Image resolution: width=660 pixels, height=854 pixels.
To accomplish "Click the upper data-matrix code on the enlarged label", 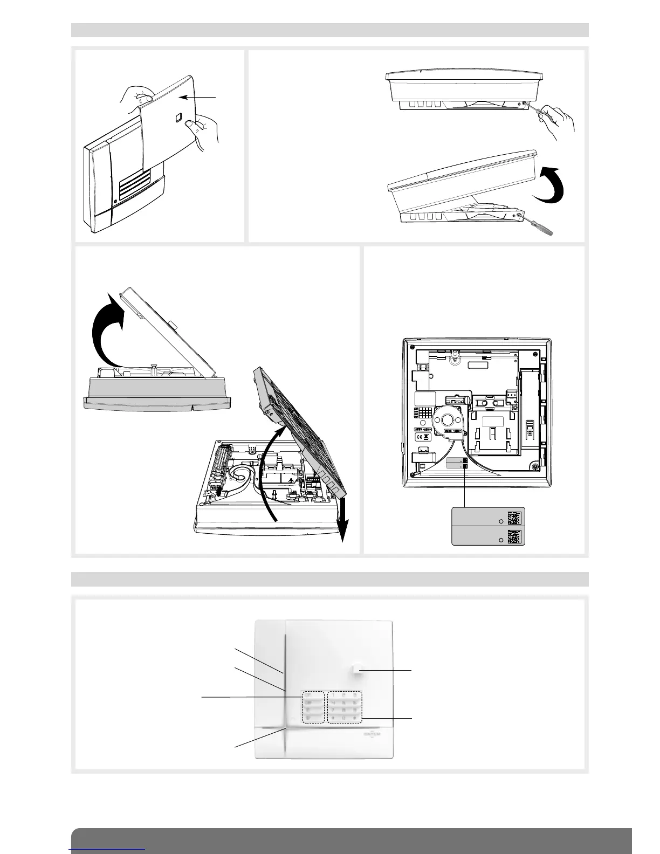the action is [x=515, y=518].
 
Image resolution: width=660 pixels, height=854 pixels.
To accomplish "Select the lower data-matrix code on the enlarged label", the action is [x=515, y=536].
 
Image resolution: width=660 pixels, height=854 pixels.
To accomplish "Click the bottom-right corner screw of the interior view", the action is [x=535, y=466].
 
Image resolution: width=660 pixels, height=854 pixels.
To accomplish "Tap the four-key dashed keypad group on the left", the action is [x=313, y=707].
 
